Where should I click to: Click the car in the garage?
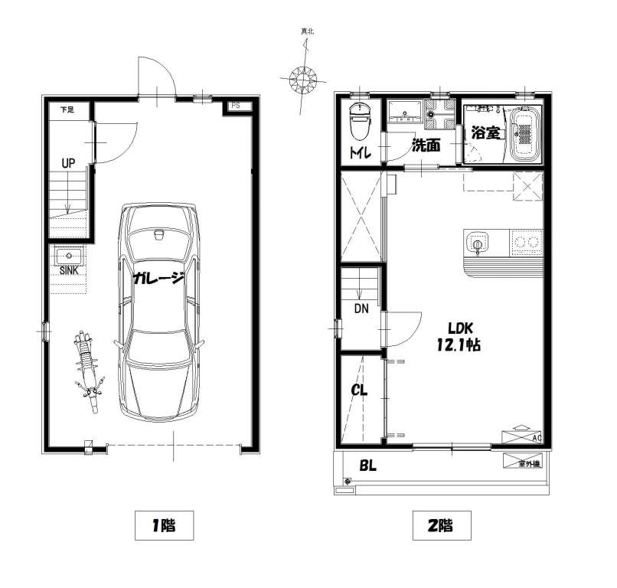tap(159, 312)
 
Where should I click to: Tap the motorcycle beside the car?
tap(88, 371)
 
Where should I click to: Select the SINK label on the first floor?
tap(69, 271)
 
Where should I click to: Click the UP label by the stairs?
tap(68, 163)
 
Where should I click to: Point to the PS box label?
tap(235, 106)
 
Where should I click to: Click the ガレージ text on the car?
tap(158, 278)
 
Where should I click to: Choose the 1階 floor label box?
tap(164, 525)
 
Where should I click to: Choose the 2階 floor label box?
tap(442, 525)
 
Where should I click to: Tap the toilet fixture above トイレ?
tap(359, 121)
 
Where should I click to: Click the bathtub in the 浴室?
tap(524, 133)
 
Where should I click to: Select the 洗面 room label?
tap(426, 145)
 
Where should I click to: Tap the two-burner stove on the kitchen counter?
tap(526, 243)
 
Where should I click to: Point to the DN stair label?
tap(361, 309)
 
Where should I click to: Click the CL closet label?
tap(359, 390)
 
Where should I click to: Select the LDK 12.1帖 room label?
tap(459, 337)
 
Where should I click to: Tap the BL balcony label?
tap(367, 465)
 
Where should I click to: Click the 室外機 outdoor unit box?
tap(522, 461)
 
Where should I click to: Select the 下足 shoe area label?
tap(67, 109)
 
